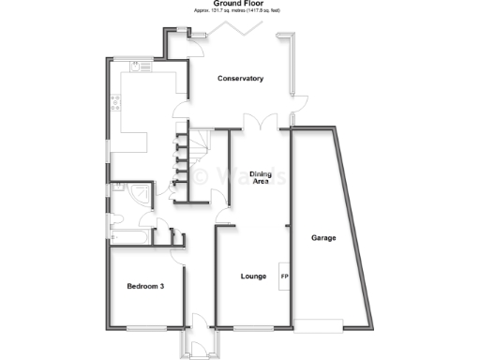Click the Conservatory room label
pyautogui.click(x=239, y=78)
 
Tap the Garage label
pyautogui.click(x=323, y=237)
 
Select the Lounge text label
pyautogui.click(x=253, y=277)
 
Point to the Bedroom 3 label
pyautogui.click(x=145, y=286)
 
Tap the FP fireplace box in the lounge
pyautogui.click(x=284, y=277)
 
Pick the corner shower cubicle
pyautogui.click(x=140, y=194)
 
